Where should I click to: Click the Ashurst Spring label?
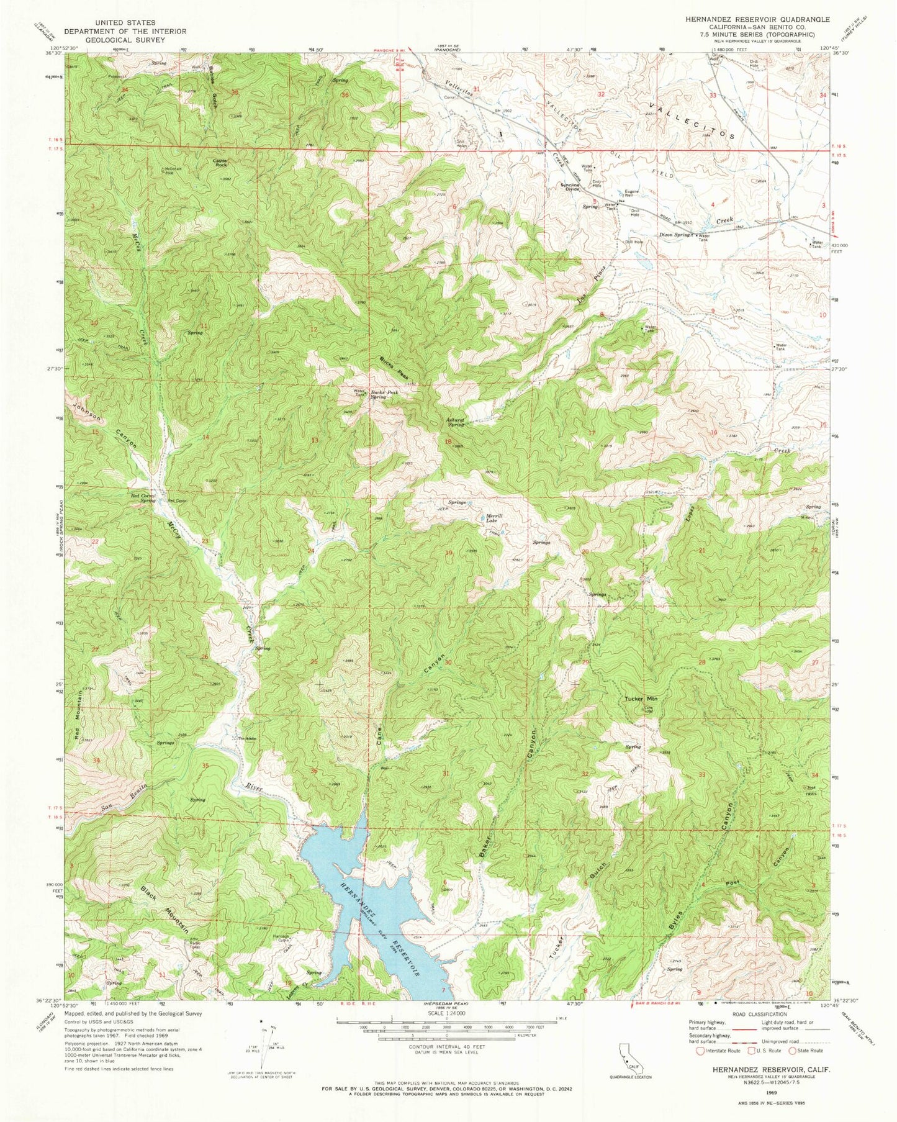click(x=456, y=422)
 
